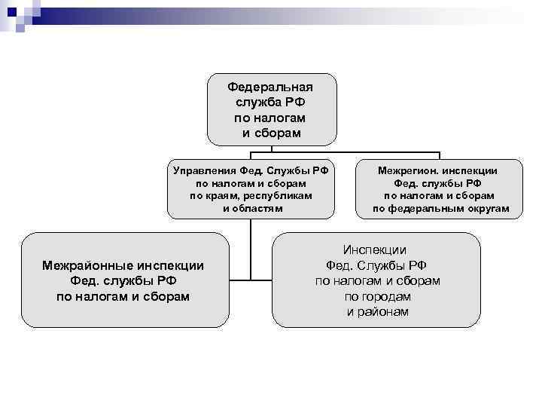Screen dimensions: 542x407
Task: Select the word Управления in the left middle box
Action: coord(205,170)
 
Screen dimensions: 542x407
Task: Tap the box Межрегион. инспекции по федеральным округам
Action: coord(439,188)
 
